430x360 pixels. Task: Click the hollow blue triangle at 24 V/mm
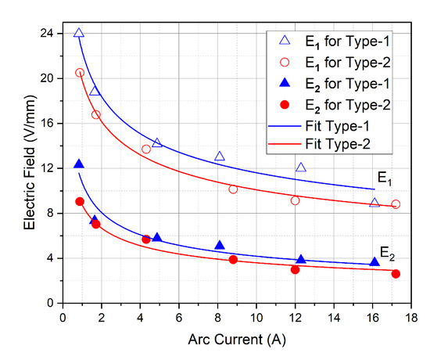pos(79,33)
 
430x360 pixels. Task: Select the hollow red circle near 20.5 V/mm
pos(80,73)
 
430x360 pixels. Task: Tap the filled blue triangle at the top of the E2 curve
pos(79,164)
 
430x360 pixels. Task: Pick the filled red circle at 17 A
pos(396,273)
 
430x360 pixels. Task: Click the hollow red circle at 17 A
pos(396,204)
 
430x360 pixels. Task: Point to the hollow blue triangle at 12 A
pos(301,167)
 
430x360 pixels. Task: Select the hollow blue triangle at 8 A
pos(220,157)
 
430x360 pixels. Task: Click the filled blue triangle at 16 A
pos(374,261)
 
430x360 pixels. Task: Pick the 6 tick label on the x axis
pos(178,317)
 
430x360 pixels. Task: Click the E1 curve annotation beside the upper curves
pos(386,179)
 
